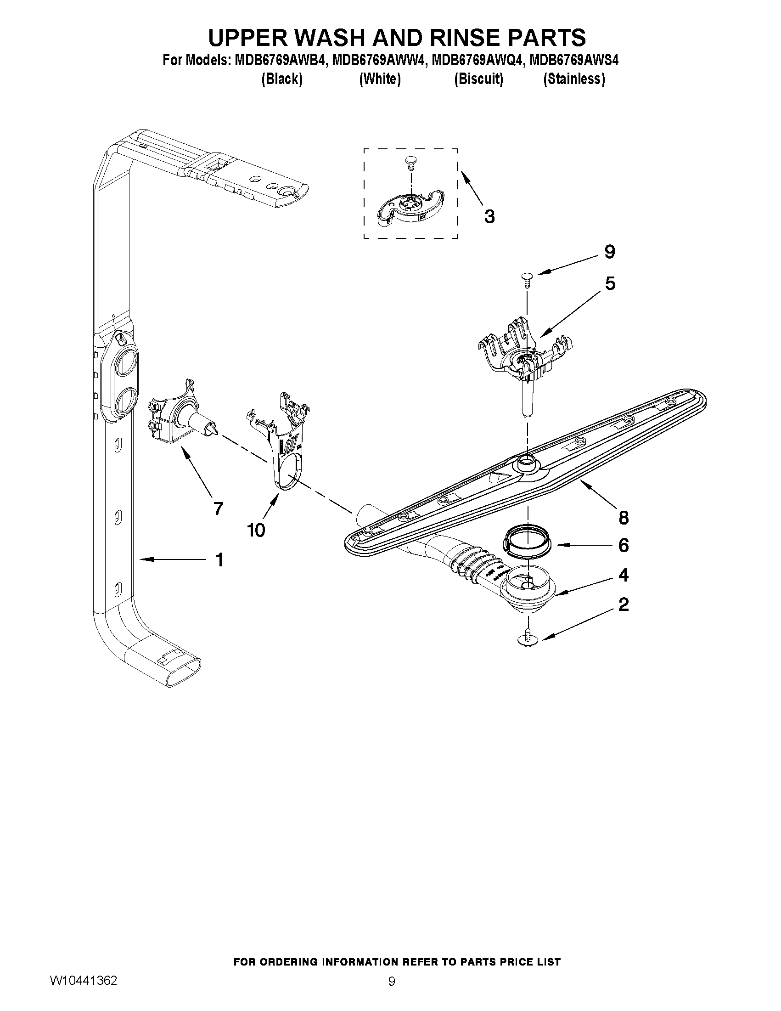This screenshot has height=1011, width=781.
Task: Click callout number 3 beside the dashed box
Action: coord(489,216)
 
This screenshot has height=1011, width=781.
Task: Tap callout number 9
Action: coord(609,252)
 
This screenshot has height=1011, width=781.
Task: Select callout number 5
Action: coord(610,283)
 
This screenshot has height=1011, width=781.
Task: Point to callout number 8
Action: coord(623,518)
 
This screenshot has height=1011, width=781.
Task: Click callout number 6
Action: coord(623,546)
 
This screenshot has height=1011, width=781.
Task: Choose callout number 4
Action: coord(623,576)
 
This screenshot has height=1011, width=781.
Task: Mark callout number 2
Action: coord(623,604)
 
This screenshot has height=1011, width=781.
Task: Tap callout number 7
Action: coord(218,509)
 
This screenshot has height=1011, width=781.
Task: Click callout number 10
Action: coord(256,530)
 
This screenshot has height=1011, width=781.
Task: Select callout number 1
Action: coord(219,560)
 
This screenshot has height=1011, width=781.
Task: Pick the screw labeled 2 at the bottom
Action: coord(527,639)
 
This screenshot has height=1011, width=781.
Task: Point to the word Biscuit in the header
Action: coord(478,79)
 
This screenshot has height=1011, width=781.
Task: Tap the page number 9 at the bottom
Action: coord(392,994)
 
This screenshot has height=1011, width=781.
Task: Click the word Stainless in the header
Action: coord(574,79)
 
